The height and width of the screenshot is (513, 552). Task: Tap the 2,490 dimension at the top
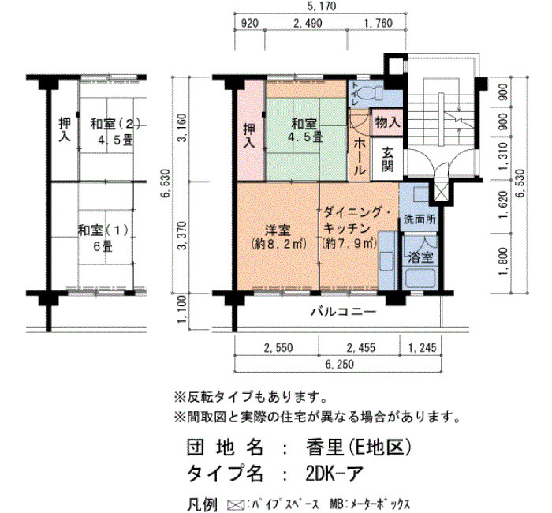point(308,23)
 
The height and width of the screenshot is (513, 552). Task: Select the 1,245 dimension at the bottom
point(422,348)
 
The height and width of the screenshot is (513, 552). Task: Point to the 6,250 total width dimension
point(339,364)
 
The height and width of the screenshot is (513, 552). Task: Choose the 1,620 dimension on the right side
point(503,204)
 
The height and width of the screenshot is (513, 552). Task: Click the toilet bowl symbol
point(371,93)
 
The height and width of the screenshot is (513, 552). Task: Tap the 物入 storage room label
point(387,122)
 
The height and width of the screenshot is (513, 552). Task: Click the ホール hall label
point(360,156)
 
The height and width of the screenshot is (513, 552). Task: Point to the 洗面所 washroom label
point(420,219)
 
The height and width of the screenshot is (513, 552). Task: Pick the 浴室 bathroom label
point(420,257)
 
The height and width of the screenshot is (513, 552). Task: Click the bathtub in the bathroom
point(421,278)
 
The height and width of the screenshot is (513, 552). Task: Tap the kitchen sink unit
point(388,261)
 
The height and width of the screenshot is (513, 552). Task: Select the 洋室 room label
point(278,230)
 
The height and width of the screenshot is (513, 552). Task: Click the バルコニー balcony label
point(343,312)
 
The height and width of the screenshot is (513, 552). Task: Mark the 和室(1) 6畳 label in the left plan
point(103,238)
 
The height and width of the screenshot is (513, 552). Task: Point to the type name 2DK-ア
point(334,474)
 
